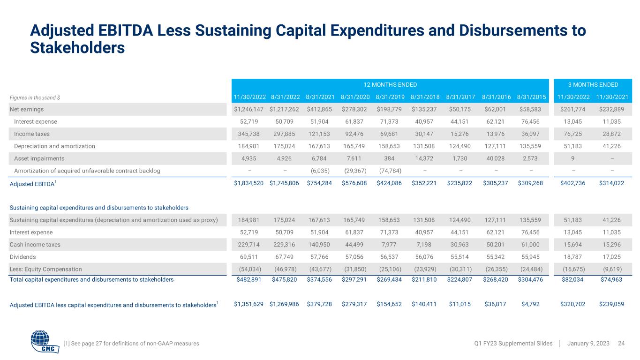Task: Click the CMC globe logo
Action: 45,342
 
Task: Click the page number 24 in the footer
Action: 621,344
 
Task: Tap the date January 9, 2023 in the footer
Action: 588,344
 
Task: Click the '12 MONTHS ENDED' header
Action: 390,85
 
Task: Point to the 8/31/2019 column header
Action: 390,97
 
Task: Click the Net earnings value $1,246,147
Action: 249,109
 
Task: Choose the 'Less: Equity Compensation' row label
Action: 45,269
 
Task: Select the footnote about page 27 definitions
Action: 131,344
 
